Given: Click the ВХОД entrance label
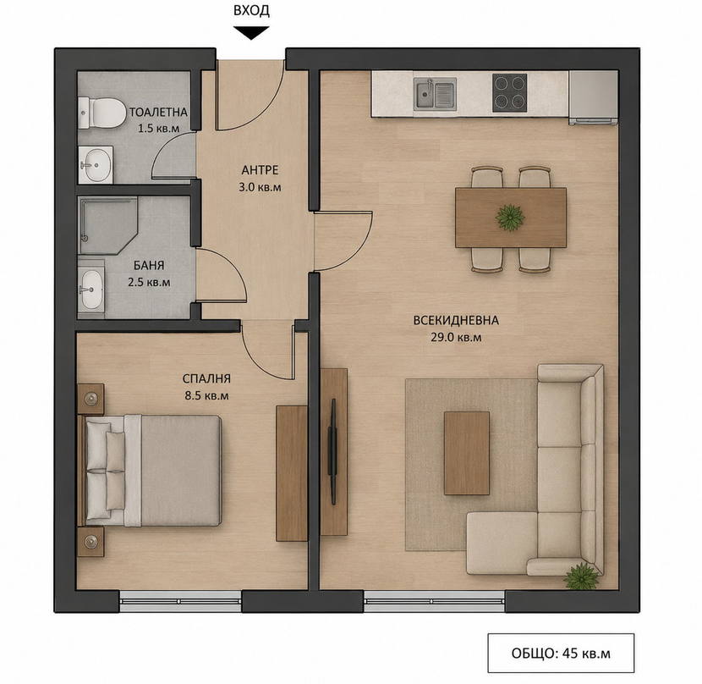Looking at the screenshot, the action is pos(251,10).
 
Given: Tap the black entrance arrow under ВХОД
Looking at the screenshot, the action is pos(251,33).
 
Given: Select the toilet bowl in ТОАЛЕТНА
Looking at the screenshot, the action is pos(102,112).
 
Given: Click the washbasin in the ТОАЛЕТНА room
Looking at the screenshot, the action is pos(96,164).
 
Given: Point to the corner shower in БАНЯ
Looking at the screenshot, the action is pos(107,225).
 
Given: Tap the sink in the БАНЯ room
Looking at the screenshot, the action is pos(91,290).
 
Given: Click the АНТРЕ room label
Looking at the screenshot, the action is pos(261,170).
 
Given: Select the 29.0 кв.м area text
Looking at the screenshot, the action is pos(456,338).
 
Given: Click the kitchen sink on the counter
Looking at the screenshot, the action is pos(435,94).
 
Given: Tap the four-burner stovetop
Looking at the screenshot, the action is pos(509,93).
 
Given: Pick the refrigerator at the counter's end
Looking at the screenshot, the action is pos(593,97).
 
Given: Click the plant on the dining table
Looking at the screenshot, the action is pos(510,218).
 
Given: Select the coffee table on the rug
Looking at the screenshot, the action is pos(467,453).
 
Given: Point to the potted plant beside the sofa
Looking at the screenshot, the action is pos(581,576).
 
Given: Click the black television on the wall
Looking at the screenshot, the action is pos(332,451).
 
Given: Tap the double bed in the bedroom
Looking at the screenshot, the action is pos(150,470).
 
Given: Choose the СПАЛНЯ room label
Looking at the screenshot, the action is pos(206,378).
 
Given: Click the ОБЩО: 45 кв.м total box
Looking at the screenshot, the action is pos(561,653).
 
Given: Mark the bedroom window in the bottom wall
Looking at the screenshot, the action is pos(181,601).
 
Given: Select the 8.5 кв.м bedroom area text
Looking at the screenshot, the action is pos(206,396).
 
